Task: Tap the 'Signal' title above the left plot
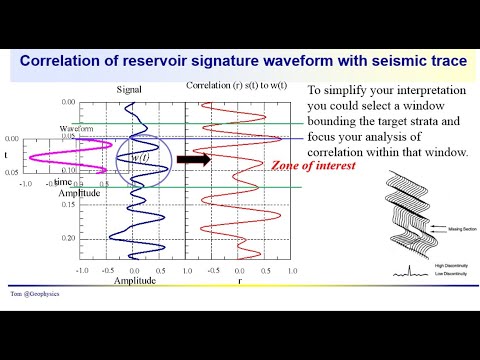click(x=129, y=89)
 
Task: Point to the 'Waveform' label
click(x=75, y=129)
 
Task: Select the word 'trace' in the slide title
click(x=440, y=61)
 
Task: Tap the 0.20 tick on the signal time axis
click(x=68, y=239)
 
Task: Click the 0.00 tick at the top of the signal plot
click(x=68, y=102)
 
